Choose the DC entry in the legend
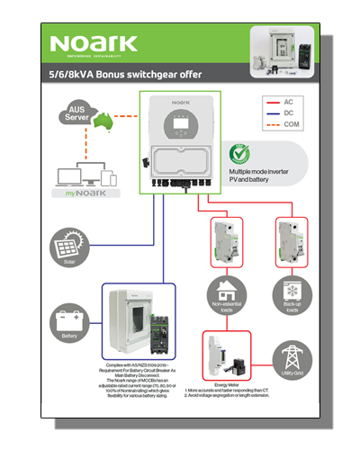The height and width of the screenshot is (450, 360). (288, 113)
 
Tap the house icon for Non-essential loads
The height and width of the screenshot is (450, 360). (224, 291)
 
